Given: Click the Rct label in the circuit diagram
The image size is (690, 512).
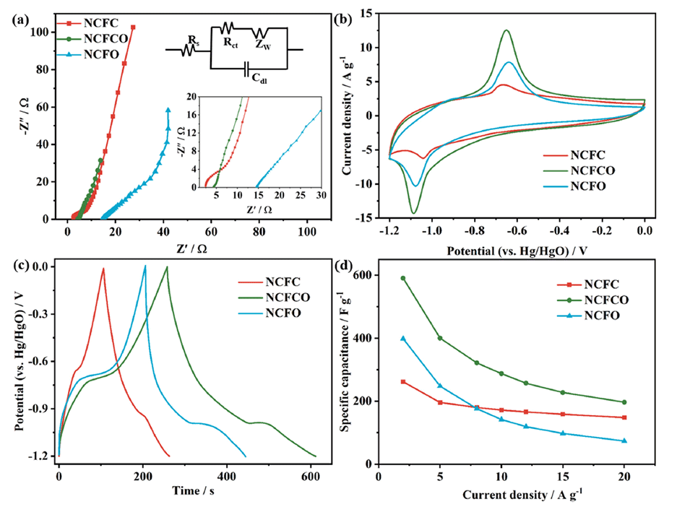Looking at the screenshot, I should coord(231,43).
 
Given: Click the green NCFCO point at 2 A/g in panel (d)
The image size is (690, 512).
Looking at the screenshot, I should coord(403,278).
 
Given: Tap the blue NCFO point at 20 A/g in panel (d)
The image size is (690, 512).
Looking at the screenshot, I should coord(624,441).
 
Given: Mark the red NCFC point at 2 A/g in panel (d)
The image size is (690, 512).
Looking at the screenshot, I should coord(403,381).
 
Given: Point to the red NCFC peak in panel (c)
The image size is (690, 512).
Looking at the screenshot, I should coord(103,269).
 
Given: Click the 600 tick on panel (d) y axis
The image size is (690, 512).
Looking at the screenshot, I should coord(368,275).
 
